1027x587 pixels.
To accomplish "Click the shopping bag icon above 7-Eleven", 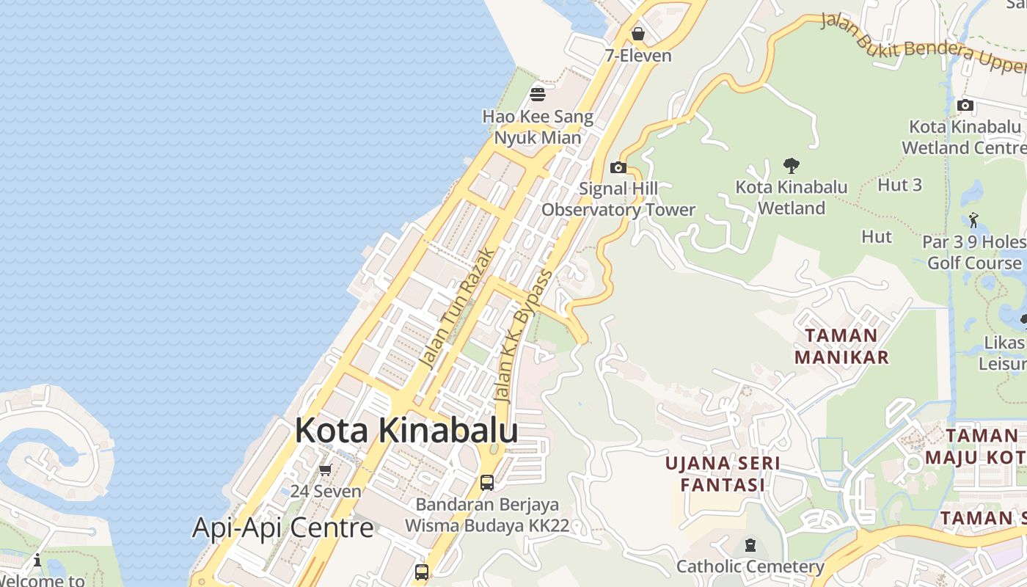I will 638,34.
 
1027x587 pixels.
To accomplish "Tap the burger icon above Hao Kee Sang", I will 538,94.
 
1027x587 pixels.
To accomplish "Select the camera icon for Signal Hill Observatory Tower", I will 618,167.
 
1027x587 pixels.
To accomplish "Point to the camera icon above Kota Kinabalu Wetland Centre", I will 965,105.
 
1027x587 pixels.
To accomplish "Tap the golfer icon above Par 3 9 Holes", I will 973,219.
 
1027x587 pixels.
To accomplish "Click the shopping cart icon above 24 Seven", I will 325,470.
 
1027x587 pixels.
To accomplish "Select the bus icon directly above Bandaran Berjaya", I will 487,483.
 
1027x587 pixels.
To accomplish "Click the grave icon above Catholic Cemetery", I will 750,545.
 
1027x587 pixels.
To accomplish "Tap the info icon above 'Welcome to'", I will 37,561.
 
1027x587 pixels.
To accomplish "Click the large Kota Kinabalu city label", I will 406,431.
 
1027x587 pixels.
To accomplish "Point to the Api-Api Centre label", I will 283,527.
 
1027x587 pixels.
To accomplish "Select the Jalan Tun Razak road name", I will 456,308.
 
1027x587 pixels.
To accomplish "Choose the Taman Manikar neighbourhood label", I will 841,346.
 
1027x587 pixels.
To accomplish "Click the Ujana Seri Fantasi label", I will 723,474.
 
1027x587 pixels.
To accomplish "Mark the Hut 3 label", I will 899,185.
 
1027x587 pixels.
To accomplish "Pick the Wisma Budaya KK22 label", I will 487,525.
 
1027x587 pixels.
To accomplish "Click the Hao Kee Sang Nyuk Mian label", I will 538,127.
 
